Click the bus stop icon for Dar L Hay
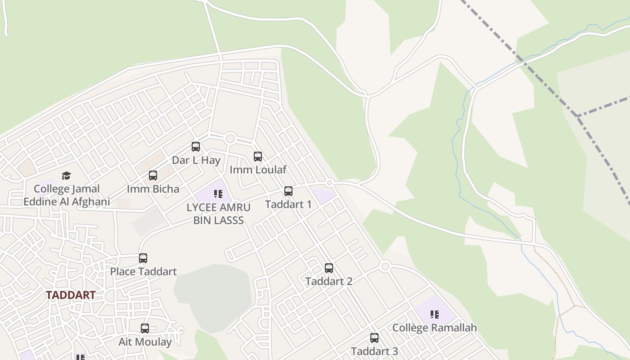coord(196,146)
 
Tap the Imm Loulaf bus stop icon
coord(258,157)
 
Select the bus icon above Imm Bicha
coord(153,175)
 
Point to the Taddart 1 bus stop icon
coord(288,191)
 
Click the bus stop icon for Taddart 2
coord(329,268)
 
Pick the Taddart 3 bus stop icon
coord(374,338)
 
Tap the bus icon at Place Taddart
coord(143,258)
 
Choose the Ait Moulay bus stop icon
coord(145,328)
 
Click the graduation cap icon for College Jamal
coord(67,175)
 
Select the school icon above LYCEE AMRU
coord(218,194)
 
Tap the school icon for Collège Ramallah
coord(434,315)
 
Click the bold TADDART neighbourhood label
coord(71,295)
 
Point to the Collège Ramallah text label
coord(434,328)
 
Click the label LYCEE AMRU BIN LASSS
coord(218,214)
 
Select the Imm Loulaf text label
coord(258,170)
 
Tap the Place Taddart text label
coord(144,271)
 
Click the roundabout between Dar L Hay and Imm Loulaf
coord(230,138)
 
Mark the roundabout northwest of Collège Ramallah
coord(385,267)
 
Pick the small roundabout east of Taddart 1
coord(329,183)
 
